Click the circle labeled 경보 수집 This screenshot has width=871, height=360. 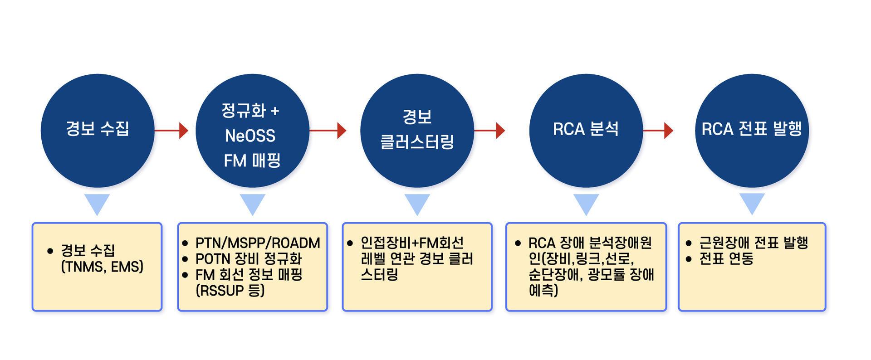pyautogui.click(x=98, y=131)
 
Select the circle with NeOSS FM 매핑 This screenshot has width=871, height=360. pyautogui.click(x=252, y=131)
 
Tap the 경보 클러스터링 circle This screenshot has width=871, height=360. pyautogui.click(x=417, y=131)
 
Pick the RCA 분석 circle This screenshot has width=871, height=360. pyautogui.click(x=586, y=131)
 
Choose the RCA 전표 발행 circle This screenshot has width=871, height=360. pyautogui.click(x=752, y=131)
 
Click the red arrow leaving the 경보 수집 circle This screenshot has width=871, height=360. pyautogui.click(x=171, y=131)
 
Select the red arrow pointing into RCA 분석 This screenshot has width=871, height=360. pyautogui.click(x=490, y=131)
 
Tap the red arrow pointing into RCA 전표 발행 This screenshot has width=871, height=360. pyautogui.click(x=658, y=131)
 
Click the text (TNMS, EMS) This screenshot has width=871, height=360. pyautogui.click(x=102, y=267)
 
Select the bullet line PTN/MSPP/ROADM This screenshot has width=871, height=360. pyautogui.click(x=257, y=243)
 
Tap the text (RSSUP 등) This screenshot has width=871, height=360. pyautogui.click(x=230, y=291)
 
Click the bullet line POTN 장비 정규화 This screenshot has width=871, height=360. pyautogui.click(x=248, y=259)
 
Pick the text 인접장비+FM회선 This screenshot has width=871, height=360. pyautogui.click(x=412, y=243)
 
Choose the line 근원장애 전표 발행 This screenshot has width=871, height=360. pyautogui.click(x=754, y=243)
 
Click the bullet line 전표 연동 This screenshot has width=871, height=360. pyautogui.click(x=726, y=259)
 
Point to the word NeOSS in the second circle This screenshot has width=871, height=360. pyautogui.click(x=250, y=136)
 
